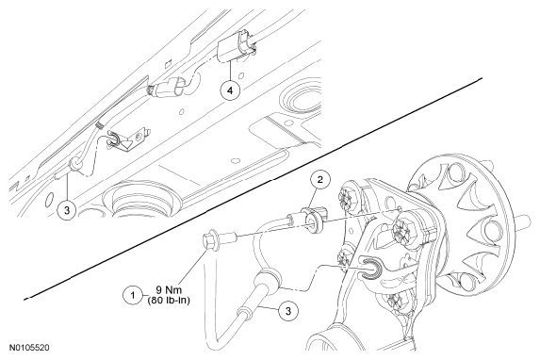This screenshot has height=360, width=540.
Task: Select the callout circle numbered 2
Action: click(320, 179)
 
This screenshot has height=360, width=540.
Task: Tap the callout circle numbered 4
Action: click(230, 90)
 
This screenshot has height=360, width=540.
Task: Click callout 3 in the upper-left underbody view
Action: click(67, 209)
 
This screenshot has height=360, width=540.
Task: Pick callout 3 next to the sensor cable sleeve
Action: click(288, 311)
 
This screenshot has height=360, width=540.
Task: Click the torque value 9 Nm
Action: click(169, 290)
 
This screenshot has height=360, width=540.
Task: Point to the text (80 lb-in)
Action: click(169, 300)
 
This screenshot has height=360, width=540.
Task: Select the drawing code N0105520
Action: click(29, 347)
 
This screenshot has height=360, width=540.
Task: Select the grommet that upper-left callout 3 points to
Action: click(75, 164)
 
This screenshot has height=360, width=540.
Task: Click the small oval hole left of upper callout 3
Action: click(50, 199)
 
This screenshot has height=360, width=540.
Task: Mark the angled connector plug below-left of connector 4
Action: click(169, 89)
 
